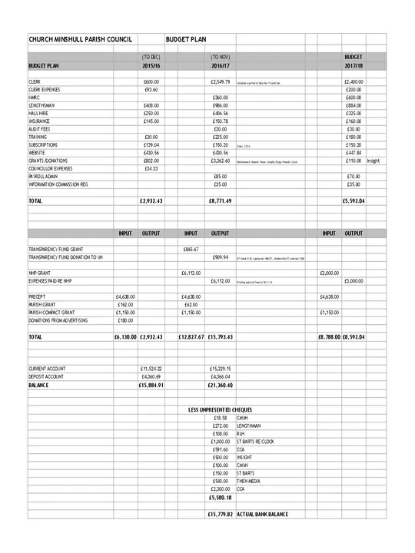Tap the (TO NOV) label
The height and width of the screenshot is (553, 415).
coord(221,57)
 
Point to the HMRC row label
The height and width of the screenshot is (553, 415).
coord(35,98)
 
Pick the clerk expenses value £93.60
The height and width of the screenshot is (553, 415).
coord(151,89)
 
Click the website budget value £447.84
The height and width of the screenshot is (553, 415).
coord(354,153)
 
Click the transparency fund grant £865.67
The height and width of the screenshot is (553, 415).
coord(191,249)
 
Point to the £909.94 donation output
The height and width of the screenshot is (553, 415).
coord(220,257)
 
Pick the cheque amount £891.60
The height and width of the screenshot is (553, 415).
coord(221,449)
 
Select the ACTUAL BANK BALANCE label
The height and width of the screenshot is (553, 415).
coord(262,513)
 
